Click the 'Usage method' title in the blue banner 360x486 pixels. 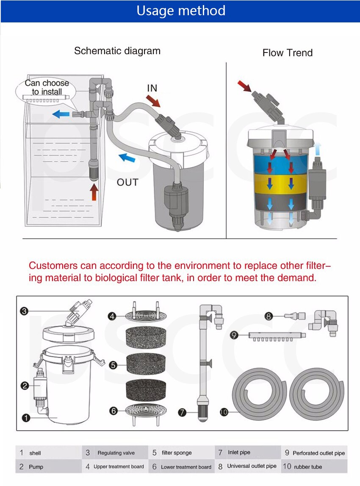pyautogui.click(x=181, y=11)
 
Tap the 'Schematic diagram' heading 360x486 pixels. pyautogui.click(x=117, y=51)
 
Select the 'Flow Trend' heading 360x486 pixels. pyautogui.click(x=287, y=53)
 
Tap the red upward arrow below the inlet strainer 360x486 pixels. pyautogui.click(x=94, y=192)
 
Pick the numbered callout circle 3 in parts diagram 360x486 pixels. pyautogui.click(x=24, y=311)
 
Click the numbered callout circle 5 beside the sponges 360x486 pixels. pyautogui.click(x=113, y=365)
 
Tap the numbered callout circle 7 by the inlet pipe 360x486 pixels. pyautogui.click(x=182, y=411)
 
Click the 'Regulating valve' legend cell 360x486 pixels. pyautogui.click(x=116, y=453)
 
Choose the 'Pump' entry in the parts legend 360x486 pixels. pyautogui.click(x=36, y=467)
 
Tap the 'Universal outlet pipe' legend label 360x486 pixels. pyautogui.click(x=252, y=466)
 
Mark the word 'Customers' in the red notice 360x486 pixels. pyautogui.click(x=53, y=266)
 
